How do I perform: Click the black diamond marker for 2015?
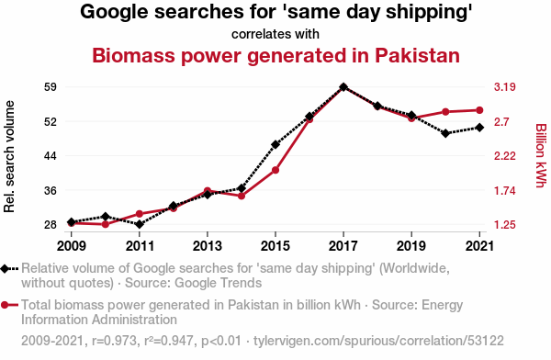coord(275,144)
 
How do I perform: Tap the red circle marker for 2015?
coord(275,170)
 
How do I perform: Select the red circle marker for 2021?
coord(479,110)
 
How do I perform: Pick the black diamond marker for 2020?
coord(445,133)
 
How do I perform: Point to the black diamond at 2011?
coord(140,224)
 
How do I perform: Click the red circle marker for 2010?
coord(106,224)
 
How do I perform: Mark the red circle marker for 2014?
coord(242,196)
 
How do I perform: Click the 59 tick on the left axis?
coord(51,87)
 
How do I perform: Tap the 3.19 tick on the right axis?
coord(504,87)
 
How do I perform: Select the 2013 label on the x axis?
coord(208,246)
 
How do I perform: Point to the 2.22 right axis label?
coord(504,156)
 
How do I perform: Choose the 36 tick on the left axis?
coord(51,190)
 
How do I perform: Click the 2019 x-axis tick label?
coord(411,246)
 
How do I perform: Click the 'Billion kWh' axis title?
coord(541,156)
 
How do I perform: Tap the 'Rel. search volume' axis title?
coord(9,156)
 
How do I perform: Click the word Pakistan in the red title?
coord(417,55)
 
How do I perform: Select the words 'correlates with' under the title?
coord(275,34)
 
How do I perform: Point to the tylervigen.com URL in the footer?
coord(378,341)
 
